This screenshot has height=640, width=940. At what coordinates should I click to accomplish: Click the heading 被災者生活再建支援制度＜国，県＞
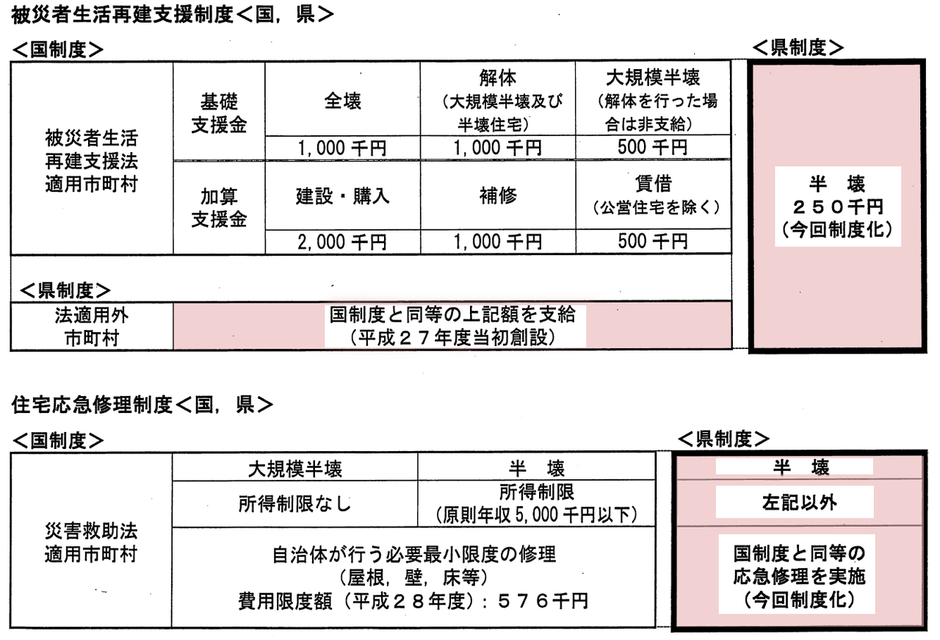[172, 15]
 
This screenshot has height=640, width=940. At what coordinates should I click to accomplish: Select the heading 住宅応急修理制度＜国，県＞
[142, 405]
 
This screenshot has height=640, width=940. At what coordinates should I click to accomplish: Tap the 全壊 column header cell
[342, 99]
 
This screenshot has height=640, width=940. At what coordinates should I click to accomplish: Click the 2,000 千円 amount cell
[342, 242]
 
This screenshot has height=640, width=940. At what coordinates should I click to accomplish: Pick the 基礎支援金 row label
[219, 113]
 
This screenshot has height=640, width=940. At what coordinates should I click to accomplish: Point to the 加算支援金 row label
[219, 208]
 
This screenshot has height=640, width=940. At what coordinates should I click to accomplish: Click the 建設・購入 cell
[342, 195]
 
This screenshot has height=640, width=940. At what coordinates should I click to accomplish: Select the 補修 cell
[498, 195]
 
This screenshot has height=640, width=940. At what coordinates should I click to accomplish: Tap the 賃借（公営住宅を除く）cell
[654, 195]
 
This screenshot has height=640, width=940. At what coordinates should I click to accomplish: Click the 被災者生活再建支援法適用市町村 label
[92, 161]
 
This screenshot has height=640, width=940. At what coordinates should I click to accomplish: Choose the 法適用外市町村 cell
[92, 326]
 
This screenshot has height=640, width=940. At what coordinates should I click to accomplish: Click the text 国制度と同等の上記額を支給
[452, 314]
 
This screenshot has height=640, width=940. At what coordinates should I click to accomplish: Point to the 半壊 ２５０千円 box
[838, 206]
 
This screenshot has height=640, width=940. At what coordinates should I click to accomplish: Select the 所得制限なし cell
[294, 503]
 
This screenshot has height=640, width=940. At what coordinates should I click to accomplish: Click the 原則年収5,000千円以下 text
[537, 515]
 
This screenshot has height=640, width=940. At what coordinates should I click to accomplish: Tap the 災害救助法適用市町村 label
[91, 543]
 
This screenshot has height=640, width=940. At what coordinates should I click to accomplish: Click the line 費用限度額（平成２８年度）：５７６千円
[413, 601]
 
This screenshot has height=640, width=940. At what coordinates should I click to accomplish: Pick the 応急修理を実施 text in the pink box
[800, 577]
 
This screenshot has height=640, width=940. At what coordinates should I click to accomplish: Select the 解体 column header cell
[498, 99]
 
